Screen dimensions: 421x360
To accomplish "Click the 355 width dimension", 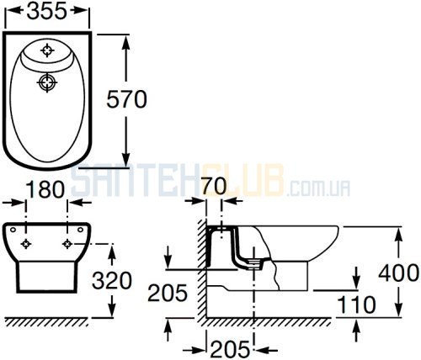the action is [x=47, y=11].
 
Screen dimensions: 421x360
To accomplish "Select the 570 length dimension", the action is [x=127, y=99].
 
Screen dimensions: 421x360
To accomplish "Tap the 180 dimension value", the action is [x=45, y=189].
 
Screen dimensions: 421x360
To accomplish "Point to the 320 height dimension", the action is [x=112, y=281].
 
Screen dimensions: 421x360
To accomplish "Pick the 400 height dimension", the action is [x=399, y=273].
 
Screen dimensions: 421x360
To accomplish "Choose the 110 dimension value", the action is [x=356, y=304].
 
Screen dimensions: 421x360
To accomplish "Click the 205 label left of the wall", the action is [x=168, y=293].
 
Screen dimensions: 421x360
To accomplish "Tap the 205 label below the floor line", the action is [x=230, y=349].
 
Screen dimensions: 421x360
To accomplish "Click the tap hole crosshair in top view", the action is [x=47, y=50].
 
